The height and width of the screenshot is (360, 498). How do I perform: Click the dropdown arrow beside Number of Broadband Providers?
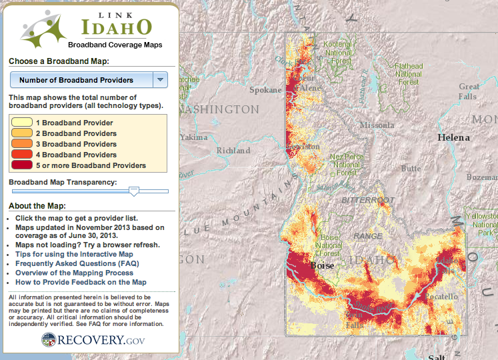click(x=160, y=80)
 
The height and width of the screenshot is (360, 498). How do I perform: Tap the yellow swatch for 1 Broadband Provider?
click(x=22, y=123)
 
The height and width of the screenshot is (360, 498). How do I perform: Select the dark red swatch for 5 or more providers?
click(x=22, y=165)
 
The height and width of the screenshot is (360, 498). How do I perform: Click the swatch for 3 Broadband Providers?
click(x=22, y=144)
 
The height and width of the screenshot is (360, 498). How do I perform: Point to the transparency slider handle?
click(x=134, y=191)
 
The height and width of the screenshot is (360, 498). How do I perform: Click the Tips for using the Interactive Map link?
click(x=74, y=254)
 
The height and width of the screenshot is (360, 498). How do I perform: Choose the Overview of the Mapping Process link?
click(x=74, y=273)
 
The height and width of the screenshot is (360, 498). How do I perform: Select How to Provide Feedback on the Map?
click(x=81, y=282)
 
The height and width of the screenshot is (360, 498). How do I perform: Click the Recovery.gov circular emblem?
click(x=49, y=340)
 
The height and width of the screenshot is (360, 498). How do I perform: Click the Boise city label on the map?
click(x=322, y=266)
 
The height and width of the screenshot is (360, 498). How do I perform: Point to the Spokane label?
click(x=265, y=90)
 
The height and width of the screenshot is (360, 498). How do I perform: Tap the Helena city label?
click(x=453, y=137)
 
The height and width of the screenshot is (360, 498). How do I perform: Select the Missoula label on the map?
click(x=377, y=125)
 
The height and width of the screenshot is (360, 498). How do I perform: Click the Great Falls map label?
click(x=469, y=91)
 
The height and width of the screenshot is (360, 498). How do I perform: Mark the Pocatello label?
click(x=438, y=296)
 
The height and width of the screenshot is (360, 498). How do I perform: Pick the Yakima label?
click(x=193, y=137)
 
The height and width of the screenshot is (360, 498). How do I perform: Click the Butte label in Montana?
click(x=411, y=169)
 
